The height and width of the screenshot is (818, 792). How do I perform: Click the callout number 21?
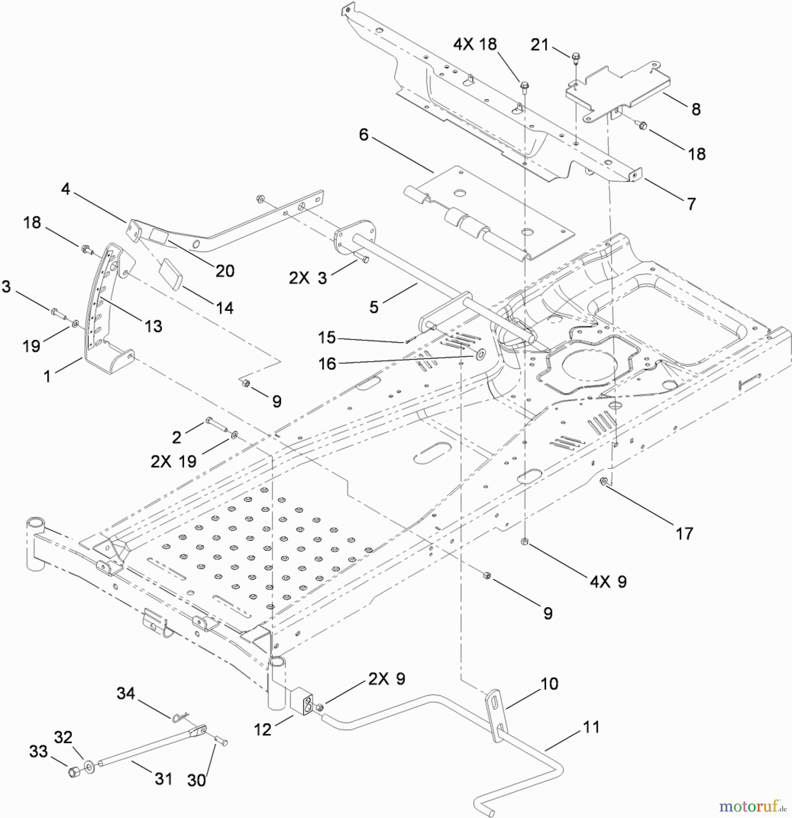click(x=540, y=45)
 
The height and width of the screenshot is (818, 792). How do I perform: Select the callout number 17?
click(x=684, y=533)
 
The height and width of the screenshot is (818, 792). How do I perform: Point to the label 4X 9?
click(x=608, y=582)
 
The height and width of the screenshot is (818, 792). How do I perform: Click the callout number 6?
click(x=364, y=135)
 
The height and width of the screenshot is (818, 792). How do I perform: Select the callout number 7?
click(x=691, y=204)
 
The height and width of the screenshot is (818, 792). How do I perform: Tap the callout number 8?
click(x=696, y=109)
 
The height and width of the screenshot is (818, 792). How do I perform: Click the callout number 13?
click(x=153, y=326)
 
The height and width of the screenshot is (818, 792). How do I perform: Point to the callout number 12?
click(x=263, y=730)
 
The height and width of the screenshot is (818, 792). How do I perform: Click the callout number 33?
click(x=39, y=751)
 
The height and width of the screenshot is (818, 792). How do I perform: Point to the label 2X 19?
click(x=173, y=462)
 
